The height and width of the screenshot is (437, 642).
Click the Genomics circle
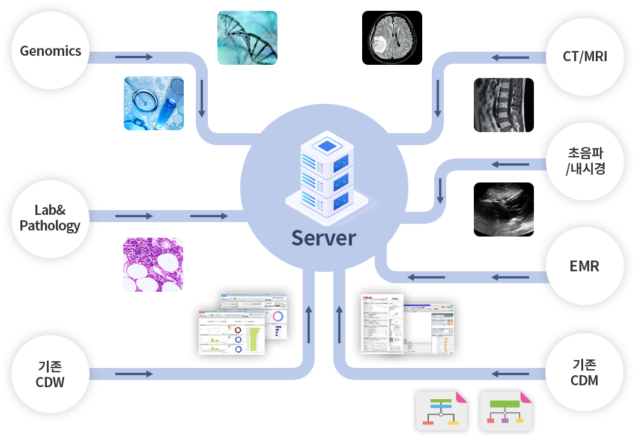point(50,51)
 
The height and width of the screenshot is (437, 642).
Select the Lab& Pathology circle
point(50,218)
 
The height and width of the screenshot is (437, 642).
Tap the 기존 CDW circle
point(50,374)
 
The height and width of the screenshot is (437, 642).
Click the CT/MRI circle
point(584,57)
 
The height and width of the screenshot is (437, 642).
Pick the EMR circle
point(584,265)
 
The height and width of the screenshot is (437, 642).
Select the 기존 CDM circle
point(584,372)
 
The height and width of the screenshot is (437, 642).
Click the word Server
point(324,238)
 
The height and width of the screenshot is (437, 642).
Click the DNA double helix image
point(247,37)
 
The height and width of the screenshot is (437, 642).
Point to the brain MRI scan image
point(392,38)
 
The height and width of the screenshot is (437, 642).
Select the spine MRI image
point(499,104)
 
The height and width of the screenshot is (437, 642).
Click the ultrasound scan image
point(503,209)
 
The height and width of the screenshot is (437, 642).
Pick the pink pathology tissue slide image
point(153,264)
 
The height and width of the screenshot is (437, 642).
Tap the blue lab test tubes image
point(153,103)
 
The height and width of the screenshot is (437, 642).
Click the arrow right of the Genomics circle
point(134,57)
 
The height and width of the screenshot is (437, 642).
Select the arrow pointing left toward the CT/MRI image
point(510,58)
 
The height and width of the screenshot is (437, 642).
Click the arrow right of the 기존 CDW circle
point(134,375)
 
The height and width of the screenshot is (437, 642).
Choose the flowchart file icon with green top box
point(506,412)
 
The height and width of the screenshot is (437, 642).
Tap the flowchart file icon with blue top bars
point(441,412)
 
